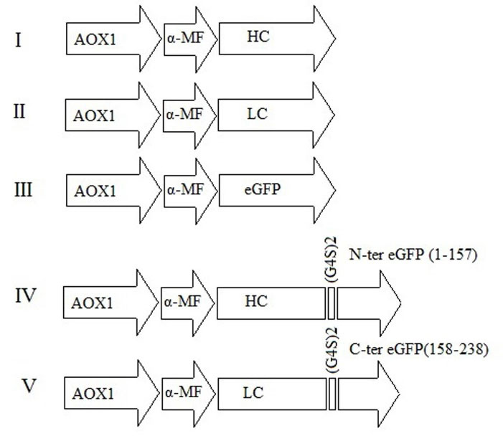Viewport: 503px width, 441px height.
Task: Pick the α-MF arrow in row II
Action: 189,113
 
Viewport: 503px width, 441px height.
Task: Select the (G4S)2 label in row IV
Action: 332,262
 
